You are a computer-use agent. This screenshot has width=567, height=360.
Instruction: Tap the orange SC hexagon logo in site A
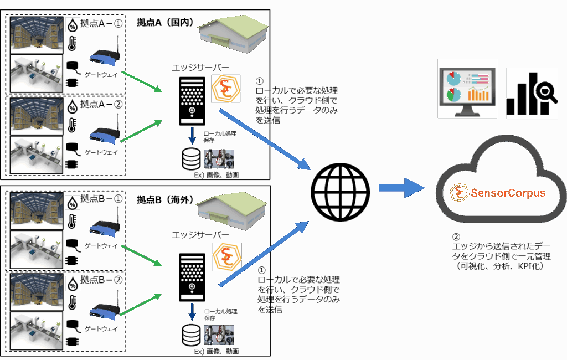pyautogui.click(x=226, y=89)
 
